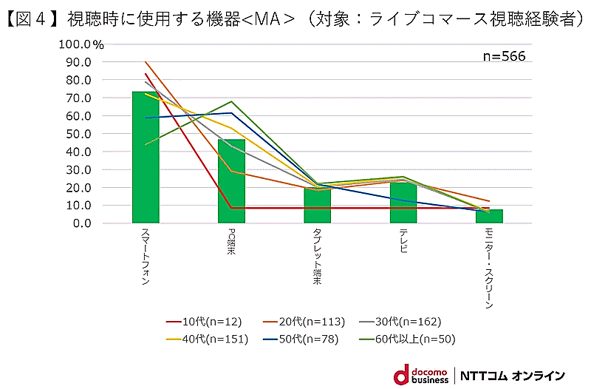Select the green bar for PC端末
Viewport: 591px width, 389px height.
231,181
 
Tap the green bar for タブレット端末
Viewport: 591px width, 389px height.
318,206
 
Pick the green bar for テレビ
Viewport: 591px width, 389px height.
403,201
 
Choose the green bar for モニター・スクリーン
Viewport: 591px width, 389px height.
489,216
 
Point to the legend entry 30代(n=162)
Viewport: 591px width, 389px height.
402,322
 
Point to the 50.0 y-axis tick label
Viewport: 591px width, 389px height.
77,134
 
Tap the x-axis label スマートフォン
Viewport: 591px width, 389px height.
145,256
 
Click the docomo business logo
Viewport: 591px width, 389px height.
420,373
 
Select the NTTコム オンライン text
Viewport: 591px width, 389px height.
513,375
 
